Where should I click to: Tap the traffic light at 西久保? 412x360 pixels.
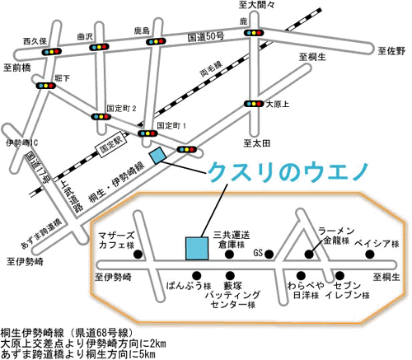point(53,51)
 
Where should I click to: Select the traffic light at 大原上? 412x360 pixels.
point(252,104)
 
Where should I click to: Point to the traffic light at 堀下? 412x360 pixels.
point(44,84)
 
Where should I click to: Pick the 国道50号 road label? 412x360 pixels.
point(206,38)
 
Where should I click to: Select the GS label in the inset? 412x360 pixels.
point(258,252)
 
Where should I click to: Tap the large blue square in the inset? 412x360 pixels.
point(196,248)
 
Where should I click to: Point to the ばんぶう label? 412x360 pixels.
point(187,289)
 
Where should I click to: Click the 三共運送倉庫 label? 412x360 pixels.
point(231,240)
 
